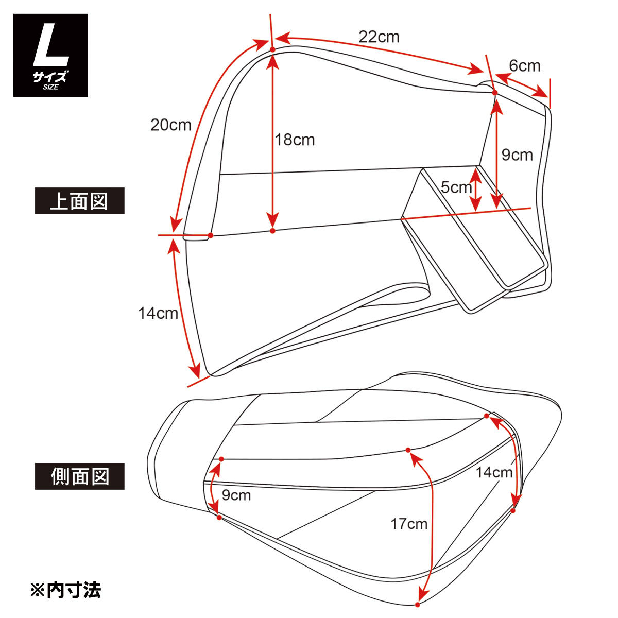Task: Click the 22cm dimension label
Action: tap(379, 37)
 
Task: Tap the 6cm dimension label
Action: tap(524, 66)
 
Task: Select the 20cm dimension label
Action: tap(170, 125)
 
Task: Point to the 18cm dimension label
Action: tap(295, 140)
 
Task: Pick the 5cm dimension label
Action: tap(456, 187)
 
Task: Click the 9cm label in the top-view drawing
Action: tap(517, 155)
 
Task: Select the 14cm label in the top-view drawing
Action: tap(158, 313)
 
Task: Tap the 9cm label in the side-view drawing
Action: tap(236, 495)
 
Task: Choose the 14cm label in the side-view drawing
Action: tap(494, 472)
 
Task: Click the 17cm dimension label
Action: tap(409, 524)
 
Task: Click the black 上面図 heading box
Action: tap(80, 201)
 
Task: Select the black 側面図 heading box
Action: tap(80, 476)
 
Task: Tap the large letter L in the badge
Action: tap(50, 47)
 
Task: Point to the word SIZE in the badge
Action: tap(50, 87)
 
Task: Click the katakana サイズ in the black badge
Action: tap(50, 77)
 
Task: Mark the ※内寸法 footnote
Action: tap(65, 590)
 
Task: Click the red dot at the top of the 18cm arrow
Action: tap(272, 49)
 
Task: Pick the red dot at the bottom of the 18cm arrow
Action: tap(272, 231)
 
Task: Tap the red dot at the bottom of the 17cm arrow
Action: tap(418, 604)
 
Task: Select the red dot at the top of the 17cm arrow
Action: tap(408, 450)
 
